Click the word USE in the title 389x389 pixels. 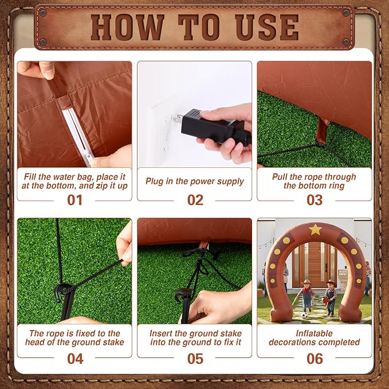(x=267, y=27)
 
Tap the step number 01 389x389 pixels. (x=74, y=200)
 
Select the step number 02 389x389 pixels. (x=195, y=200)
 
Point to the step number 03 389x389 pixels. (x=315, y=200)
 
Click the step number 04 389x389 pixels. (x=75, y=359)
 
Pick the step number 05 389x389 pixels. (x=195, y=359)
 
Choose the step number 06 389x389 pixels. (x=315, y=359)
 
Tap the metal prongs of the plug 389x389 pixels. (x=178, y=119)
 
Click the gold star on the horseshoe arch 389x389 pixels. (x=315, y=230)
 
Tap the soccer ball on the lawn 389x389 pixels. (x=304, y=315)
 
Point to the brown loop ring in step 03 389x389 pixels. (x=323, y=131)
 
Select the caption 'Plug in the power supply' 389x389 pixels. (x=195, y=182)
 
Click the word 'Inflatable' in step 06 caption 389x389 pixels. (x=314, y=333)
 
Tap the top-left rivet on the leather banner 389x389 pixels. (x=43, y=13)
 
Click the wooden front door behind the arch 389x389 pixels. (x=315, y=264)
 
